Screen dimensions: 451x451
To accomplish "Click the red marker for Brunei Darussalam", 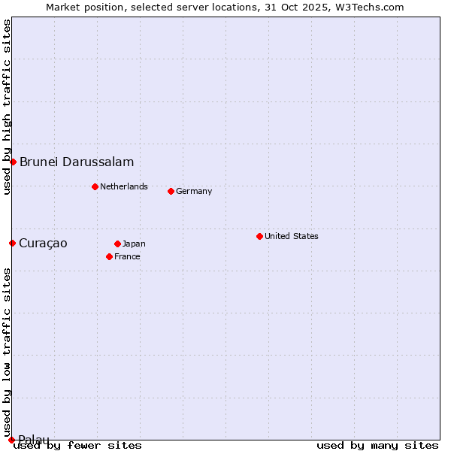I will pyautogui.click(x=13, y=162).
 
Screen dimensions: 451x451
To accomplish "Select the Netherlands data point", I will pyautogui.click(x=95, y=186).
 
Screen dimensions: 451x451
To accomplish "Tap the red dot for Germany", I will pyautogui.click(x=171, y=191).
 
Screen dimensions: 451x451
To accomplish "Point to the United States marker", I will pyautogui.click(x=259, y=236).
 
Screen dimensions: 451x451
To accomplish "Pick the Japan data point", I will pyautogui.click(x=117, y=244).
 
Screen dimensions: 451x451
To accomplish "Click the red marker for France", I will pyautogui.click(x=109, y=256).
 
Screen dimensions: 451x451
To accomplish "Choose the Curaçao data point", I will pyautogui.click(x=12, y=243).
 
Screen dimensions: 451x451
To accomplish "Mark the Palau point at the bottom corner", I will pyautogui.click(x=11, y=440).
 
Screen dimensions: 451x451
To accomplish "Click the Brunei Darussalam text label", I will pyautogui.click(x=77, y=162).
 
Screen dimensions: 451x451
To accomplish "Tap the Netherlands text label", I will pyautogui.click(x=124, y=186).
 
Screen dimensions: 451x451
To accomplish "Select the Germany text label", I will pyautogui.click(x=194, y=191).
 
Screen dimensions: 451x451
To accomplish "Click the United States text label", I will pyautogui.click(x=292, y=236).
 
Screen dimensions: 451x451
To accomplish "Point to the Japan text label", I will pyautogui.click(x=134, y=244).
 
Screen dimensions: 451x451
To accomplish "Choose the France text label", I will pyautogui.click(x=127, y=256).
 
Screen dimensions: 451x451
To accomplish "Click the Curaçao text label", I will pyautogui.click(x=43, y=243).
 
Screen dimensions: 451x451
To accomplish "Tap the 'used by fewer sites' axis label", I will pyautogui.click(x=78, y=445).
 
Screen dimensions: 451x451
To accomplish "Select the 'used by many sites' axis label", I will pyautogui.click(x=377, y=445).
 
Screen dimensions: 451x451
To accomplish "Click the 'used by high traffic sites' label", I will pyautogui.click(x=7, y=107).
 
